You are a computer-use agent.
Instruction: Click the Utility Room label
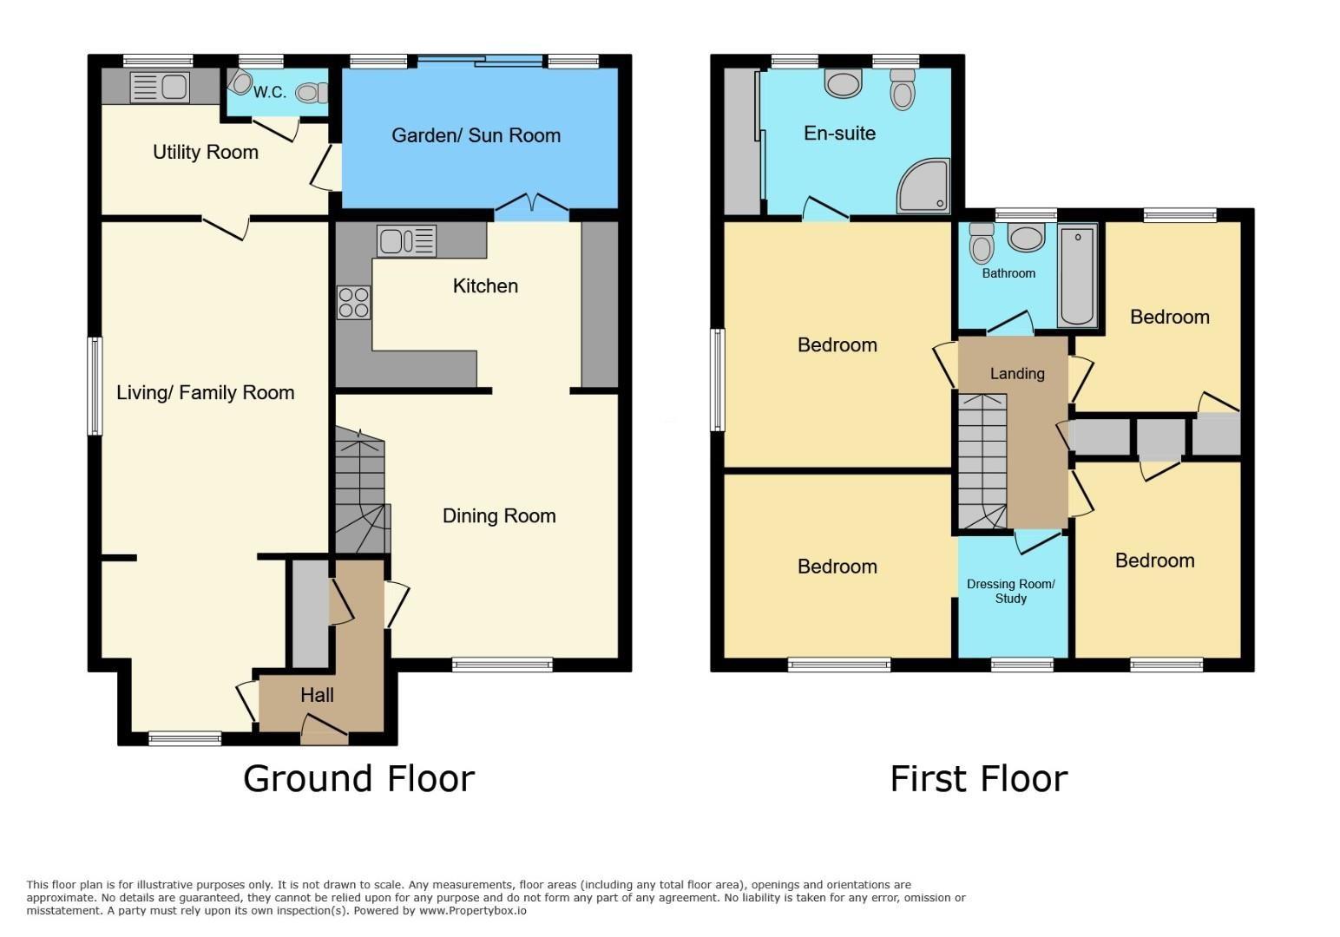click(205, 153)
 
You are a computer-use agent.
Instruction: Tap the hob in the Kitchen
click(353, 303)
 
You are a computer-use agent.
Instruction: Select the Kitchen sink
click(406, 241)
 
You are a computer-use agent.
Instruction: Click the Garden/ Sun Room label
click(476, 135)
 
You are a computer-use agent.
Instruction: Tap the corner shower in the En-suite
click(923, 186)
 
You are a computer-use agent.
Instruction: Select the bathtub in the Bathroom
click(1077, 276)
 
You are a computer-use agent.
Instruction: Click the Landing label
click(1017, 374)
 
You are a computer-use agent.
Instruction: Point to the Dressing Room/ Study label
click(1011, 591)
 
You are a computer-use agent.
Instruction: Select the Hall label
click(317, 695)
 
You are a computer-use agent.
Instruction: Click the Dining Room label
click(499, 516)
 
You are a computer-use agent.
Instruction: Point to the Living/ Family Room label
click(205, 393)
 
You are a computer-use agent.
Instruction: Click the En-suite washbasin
click(843, 82)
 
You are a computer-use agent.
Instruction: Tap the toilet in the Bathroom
click(981, 244)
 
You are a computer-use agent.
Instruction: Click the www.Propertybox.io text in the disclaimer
click(473, 911)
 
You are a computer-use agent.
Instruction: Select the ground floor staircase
click(362, 490)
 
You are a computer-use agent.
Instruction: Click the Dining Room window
click(502, 665)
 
